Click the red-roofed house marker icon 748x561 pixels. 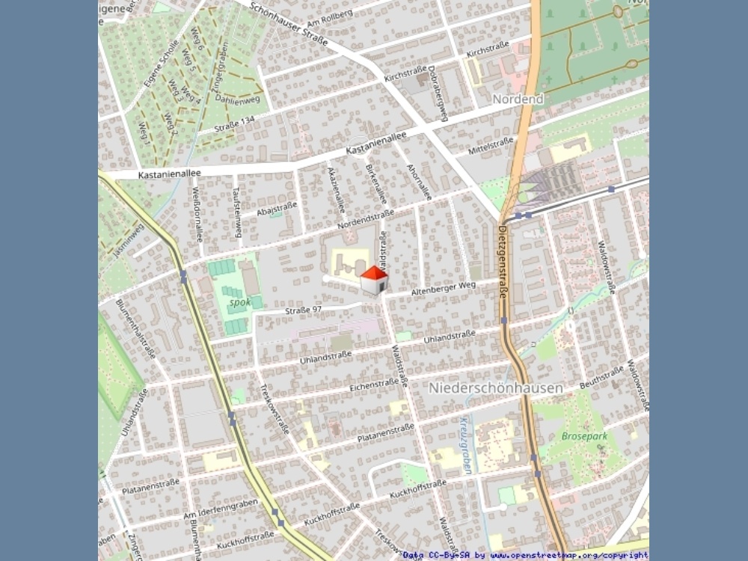pyautogui.click(x=374, y=280)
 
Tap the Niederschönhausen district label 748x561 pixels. pyautogui.click(x=506, y=388)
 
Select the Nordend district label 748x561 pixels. pyautogui.click(x=518, y=99)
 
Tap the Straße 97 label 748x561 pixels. pyautogui.click(x=303, y=310)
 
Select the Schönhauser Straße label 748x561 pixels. pyautogui.click(x=289, y=23)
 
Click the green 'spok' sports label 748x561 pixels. pyautogui.click(x=239, y=303)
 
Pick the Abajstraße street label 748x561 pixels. pyautogui.click(x=277, y=209)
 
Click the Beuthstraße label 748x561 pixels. pyautogui.click(x=601, y=377)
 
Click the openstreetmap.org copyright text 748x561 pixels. pyautogui.click(x=568, y=555)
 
